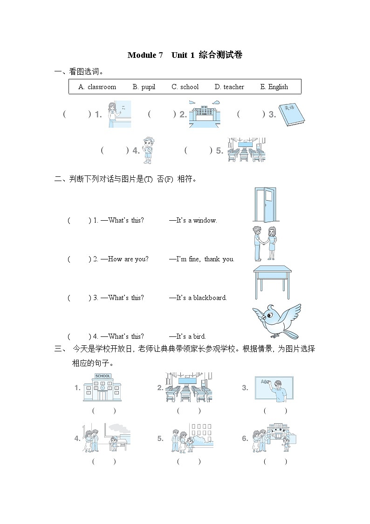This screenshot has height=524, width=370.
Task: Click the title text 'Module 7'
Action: pyautogui.click(x=145, y=55)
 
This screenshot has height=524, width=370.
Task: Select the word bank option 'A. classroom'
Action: pyautogui.click(x=97, y=87)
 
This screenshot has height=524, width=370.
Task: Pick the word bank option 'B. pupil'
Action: pyautogui.click(x=144, y=87)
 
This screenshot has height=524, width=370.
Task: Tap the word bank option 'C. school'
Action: pyautogui.click(x=185, y=87)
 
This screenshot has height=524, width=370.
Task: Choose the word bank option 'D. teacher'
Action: pyautogui.click(x=229, y=87)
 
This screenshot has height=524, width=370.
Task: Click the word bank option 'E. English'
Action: pyautogui.click(x=274, y=87)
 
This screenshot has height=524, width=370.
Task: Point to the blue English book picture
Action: pyautogui.click(x=292, y=114)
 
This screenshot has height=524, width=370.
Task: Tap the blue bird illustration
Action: pyautogui.click(x=276, y=321)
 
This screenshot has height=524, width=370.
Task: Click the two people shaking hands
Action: pyautogui.click(x=264, y=243)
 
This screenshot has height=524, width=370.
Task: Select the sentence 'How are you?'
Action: pyautogui.click(x=128, y=259)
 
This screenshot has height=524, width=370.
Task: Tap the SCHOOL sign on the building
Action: pyautogui.click(x=103, y=376)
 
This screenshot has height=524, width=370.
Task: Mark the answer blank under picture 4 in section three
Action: pyautogui.click(x=103, y=461)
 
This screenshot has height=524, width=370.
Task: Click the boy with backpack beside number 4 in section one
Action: pyautogui.click(x=148, y=150)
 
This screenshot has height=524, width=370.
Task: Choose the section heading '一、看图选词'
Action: pyautogui.click(x=79, y=71)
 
